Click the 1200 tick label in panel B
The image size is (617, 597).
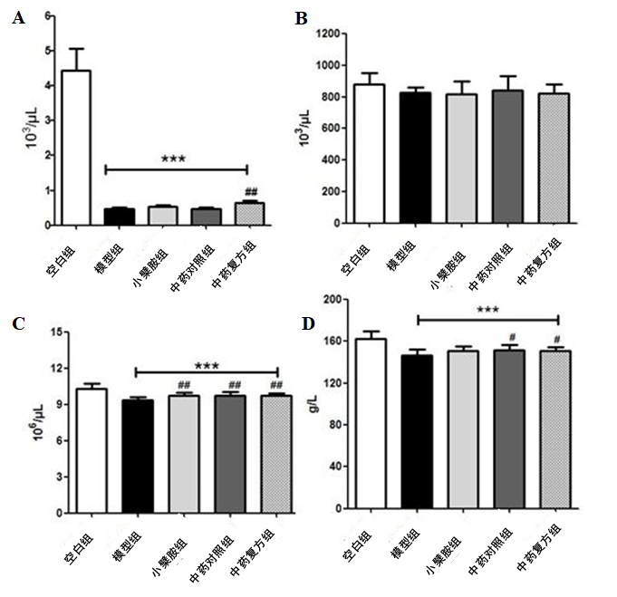(326, 34)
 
